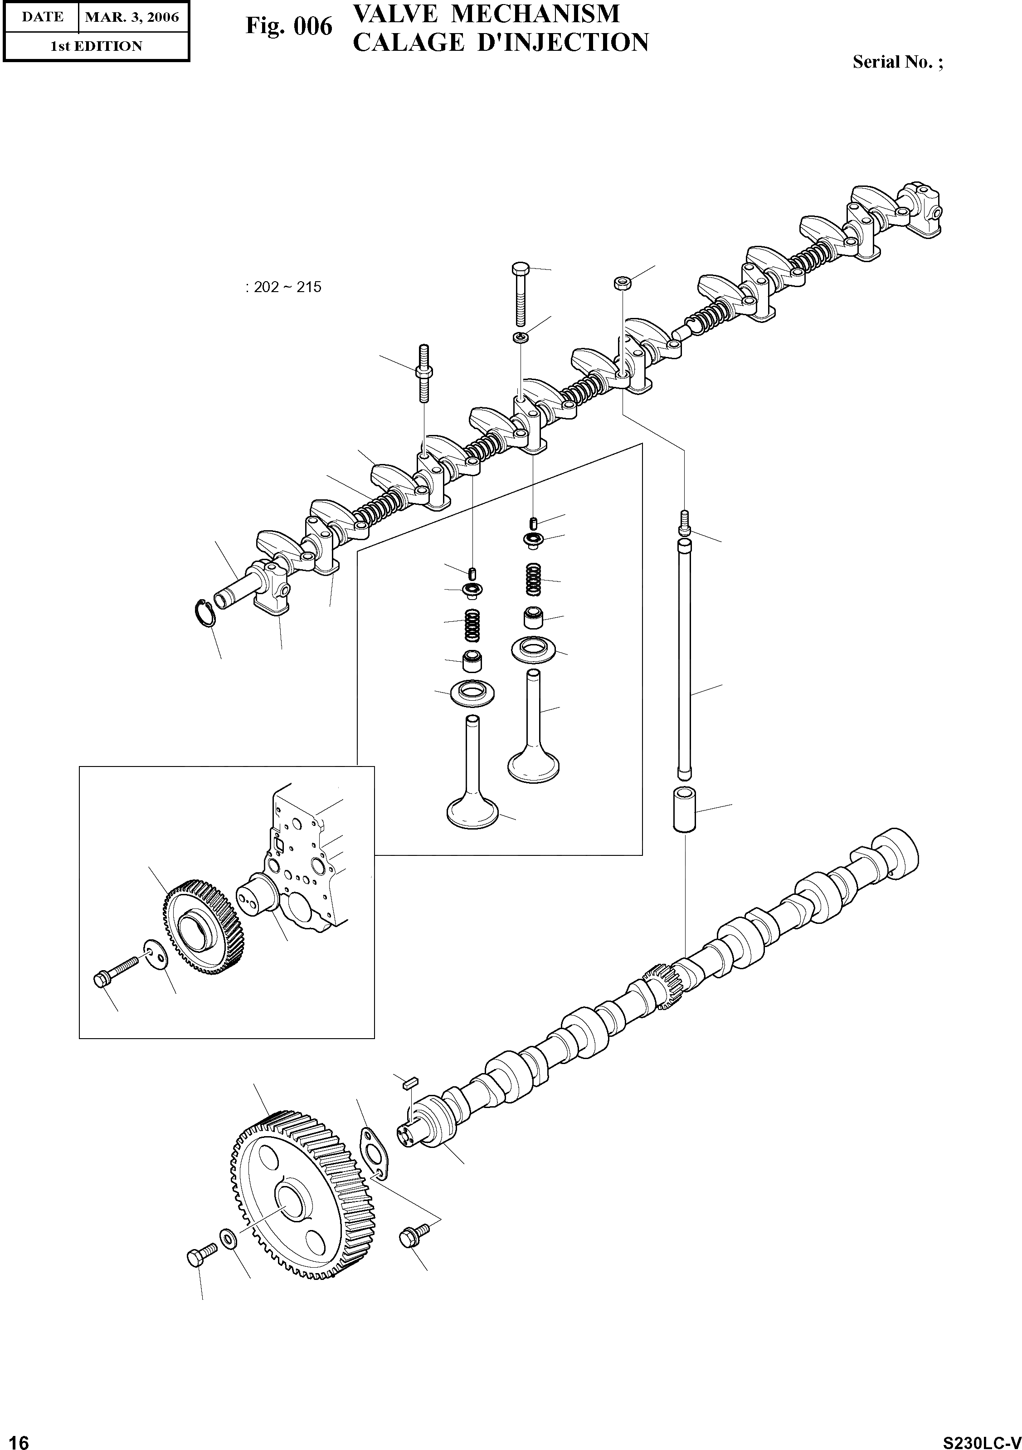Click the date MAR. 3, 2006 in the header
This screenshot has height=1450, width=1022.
coord(132,17)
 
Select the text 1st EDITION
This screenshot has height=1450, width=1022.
coord(96,46)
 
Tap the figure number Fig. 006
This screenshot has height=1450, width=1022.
coord(288,26)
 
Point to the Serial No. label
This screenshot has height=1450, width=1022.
coord(897,62)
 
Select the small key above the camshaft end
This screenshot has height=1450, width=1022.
coord(408,1082)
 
